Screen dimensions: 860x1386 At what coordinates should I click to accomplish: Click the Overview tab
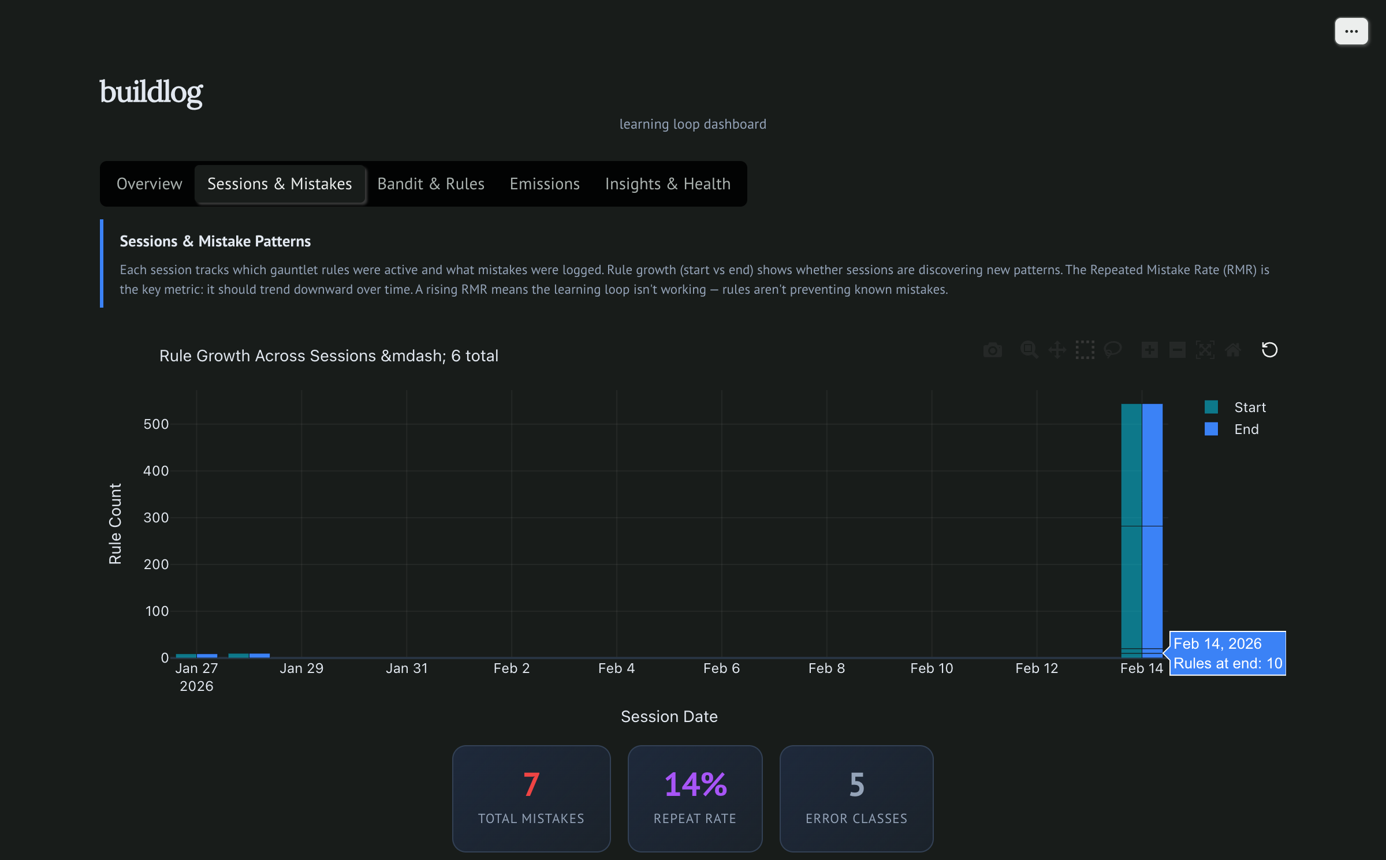[x=149, y=184]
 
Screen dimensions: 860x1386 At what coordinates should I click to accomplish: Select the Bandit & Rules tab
[x=431, y=184]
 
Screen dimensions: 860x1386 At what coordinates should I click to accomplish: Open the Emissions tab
[x=545, y=184]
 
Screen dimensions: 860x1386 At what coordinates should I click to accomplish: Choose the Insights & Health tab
[x=668, y=184]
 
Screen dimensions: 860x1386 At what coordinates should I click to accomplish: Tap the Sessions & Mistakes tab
[x=280, y=184]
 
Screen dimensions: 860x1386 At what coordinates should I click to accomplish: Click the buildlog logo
[x=151, y=92]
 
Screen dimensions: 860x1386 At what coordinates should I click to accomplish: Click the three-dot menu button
[x=1351, y=31]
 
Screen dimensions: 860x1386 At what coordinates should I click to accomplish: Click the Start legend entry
[x=1249, y=407]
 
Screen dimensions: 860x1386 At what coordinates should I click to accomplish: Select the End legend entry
[x=1246, y=429]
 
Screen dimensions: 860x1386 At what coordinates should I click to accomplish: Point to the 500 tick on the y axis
[x=156, y=424]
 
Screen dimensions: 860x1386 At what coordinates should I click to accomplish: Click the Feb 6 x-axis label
[x=721, y=668]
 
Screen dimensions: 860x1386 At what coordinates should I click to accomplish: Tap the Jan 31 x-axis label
[x=407, y=668]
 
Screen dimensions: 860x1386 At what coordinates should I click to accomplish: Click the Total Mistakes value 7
[x=531, y=784]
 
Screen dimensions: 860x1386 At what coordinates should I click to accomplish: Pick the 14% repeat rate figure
[x=695, y=784]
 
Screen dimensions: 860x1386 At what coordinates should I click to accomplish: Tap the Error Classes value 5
[x=856, y=784]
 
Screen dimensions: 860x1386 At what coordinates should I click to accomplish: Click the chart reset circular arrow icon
[x=1269, y=350]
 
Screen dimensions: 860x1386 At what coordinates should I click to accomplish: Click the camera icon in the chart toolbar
[x=992, y=350]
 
